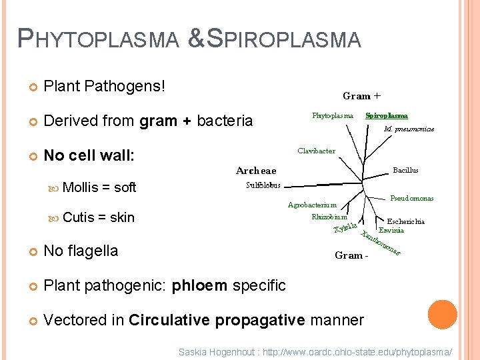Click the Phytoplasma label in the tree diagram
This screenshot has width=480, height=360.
pos(333,115)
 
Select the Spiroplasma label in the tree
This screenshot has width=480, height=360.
pos(387,115)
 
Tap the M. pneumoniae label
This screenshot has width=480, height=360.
pos(409,129)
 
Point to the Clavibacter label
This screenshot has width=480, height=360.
pos(316,151)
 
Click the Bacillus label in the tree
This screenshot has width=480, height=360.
pos(405,171)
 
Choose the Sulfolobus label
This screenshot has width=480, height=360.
pos(263,185)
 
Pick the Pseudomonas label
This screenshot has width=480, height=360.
pos(411,199)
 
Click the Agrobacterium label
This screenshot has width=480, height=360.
pos(312,205)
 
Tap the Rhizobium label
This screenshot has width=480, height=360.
pos(329,217)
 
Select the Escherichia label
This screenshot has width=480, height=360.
pos(406,222)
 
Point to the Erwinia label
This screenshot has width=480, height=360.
pos(391,231)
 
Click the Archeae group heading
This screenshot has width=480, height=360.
pos(256,171)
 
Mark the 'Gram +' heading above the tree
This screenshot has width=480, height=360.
pos(357,96)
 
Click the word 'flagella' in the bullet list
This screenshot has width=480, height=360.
pos(92,251)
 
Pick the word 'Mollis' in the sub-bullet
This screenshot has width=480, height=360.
pos(80,187)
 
